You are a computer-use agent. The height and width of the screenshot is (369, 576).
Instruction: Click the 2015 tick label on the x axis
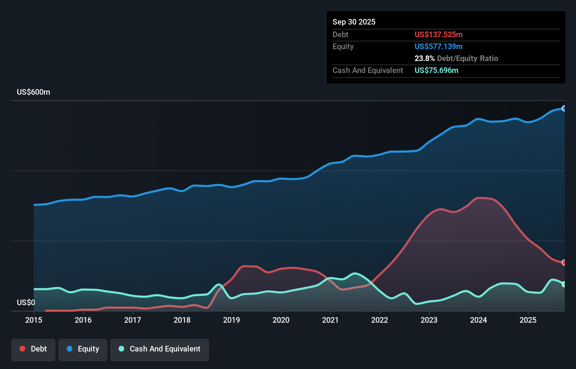point(34,320)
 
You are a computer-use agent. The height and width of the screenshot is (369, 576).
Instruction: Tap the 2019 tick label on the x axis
point(232,320)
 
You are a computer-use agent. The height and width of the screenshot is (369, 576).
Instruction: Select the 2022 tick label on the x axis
point(380,320)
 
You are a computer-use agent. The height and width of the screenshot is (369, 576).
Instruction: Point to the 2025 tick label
point(528,320)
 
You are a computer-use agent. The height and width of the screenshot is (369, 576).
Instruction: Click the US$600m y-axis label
point(33,92)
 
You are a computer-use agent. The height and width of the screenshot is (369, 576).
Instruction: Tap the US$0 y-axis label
point(26,302)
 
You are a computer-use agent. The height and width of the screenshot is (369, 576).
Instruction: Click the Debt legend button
point(33,349)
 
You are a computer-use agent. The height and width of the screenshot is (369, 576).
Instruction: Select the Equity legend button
point(83,349)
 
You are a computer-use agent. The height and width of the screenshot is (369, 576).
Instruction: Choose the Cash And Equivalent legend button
point(160,349)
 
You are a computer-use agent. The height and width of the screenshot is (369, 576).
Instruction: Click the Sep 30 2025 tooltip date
point(354,22)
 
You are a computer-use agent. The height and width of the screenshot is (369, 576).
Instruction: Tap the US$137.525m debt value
point(438,34)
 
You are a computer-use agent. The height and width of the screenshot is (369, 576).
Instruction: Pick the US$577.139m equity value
point(438,46)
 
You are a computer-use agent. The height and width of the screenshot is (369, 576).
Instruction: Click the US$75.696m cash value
point(436,70)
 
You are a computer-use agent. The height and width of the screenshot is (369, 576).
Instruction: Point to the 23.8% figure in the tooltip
point(424,58)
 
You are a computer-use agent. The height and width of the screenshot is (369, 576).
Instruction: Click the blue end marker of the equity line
point(564,108)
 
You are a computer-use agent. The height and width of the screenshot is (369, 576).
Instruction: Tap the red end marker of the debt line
point(564,262)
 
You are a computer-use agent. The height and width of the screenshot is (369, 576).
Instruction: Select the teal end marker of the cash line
point(564,284)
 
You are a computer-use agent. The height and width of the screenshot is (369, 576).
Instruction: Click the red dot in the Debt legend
point(22,349)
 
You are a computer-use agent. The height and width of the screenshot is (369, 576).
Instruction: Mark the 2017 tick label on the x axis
point(133,320)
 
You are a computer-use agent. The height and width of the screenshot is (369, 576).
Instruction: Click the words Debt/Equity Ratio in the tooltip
point(467,58)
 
